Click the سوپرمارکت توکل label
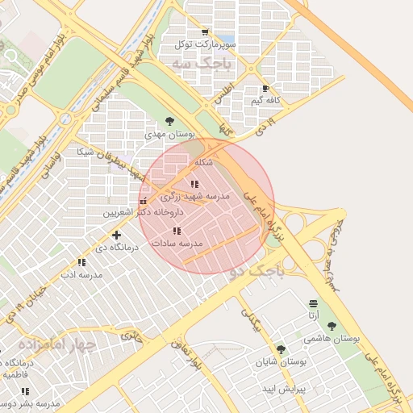coord(207,45)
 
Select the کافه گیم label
coord(265,100)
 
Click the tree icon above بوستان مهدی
coord(169,121)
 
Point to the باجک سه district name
coord(205,63)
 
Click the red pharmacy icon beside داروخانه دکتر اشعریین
coord(144,202)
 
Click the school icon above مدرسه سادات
coord(177,232)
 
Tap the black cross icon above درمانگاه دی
coord(117,236)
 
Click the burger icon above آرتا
coord(313,302)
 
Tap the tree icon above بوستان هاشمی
coord(332,326)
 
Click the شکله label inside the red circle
coord(202,162)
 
